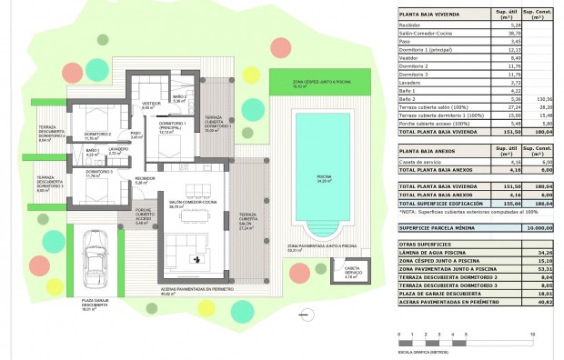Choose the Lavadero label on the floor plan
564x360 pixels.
[x=116, y=152]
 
